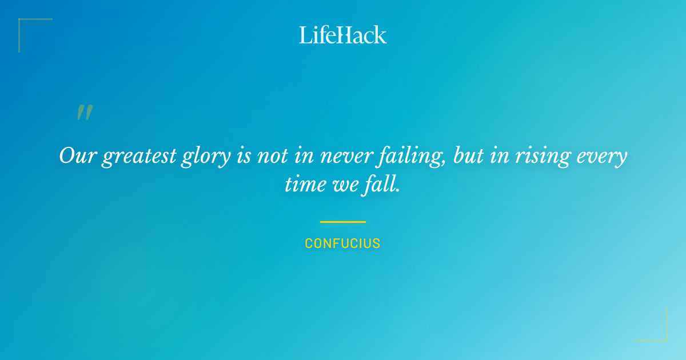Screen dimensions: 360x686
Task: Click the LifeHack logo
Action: coord(343,35)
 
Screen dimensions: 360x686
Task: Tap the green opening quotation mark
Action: coord(84,113)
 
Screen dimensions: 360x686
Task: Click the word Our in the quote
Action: coord(77,156)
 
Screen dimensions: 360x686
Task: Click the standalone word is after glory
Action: coord(243,156)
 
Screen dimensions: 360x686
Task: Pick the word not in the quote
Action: coord(272,156)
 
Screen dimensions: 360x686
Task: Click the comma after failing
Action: coord(444,162)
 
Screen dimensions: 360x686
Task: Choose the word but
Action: coord(468,156)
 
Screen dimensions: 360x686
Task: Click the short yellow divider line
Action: coord(343,222)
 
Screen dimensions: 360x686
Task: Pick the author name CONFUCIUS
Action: coord(343,243)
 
